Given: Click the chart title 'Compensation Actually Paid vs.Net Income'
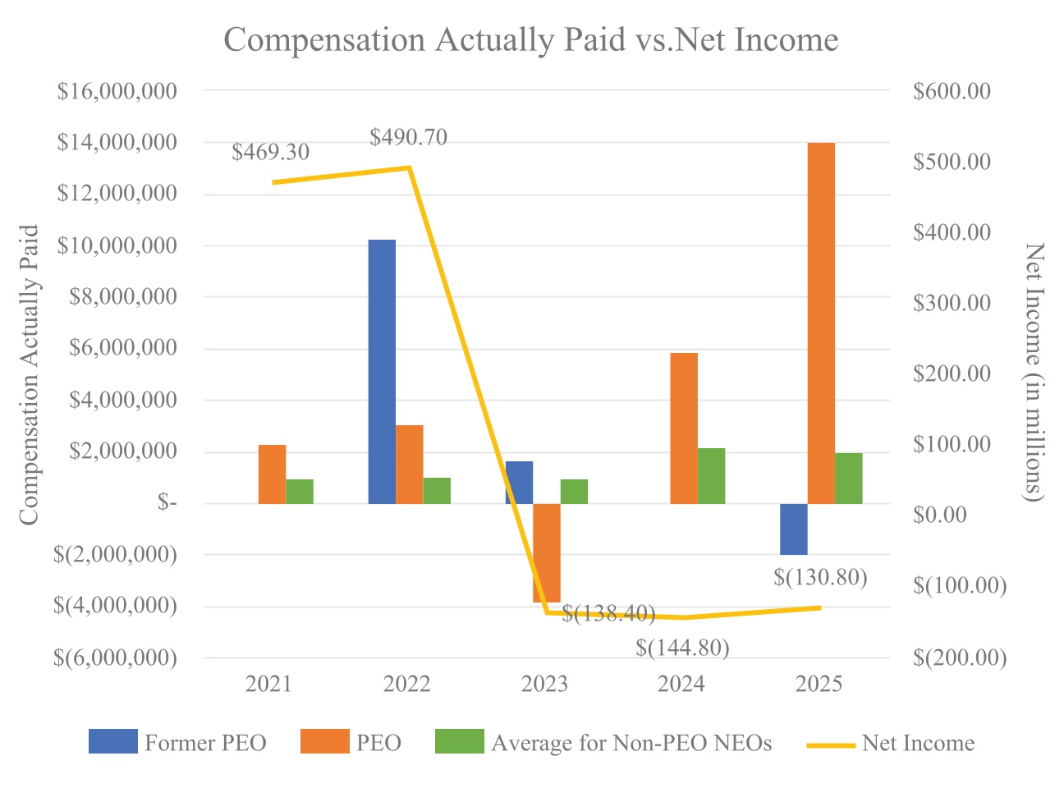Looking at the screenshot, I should pos(531,40).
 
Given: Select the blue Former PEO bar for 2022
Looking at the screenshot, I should pos(382,371).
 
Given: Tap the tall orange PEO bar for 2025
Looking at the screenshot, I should pos(821,323).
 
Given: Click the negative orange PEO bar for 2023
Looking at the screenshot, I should pos(547,552).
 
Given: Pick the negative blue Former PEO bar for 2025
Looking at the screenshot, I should pos(794,529).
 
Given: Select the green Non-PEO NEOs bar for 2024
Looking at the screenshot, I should pos(712,475).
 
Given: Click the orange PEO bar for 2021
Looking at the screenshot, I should pos(273,474).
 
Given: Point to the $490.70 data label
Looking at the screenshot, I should pos(408,137).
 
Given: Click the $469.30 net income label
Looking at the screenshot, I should pos(271,153).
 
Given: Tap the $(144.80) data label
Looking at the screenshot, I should pos(682,648).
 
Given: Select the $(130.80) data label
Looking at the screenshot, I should pos(820,578).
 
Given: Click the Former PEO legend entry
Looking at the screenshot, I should pos(178,743).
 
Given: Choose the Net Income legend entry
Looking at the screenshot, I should pos(891,744).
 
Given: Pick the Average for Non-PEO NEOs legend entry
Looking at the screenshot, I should pos(603,743).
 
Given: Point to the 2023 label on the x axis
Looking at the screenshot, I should pos(544,684).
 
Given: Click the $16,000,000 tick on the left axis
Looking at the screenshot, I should pos(117,91).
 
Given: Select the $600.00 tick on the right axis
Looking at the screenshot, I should pos(952,91).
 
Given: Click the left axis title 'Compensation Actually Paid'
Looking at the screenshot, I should pos(30,374).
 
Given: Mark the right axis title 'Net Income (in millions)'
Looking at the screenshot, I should pos(1034,372).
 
